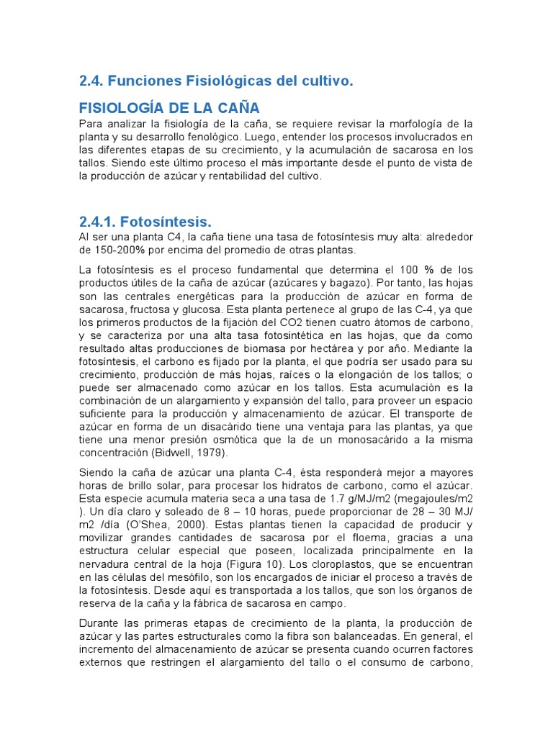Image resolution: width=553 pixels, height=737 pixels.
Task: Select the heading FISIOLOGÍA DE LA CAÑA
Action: click(168, 109)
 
